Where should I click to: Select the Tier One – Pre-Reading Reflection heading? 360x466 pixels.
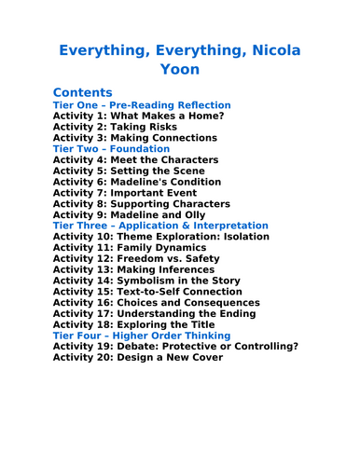tap(142, 105)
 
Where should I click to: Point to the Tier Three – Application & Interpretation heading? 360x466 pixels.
tap(160, 226)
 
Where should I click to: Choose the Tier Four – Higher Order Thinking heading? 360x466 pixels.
tap(142, 335)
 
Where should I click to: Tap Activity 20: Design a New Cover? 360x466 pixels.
tap(138, 356)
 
